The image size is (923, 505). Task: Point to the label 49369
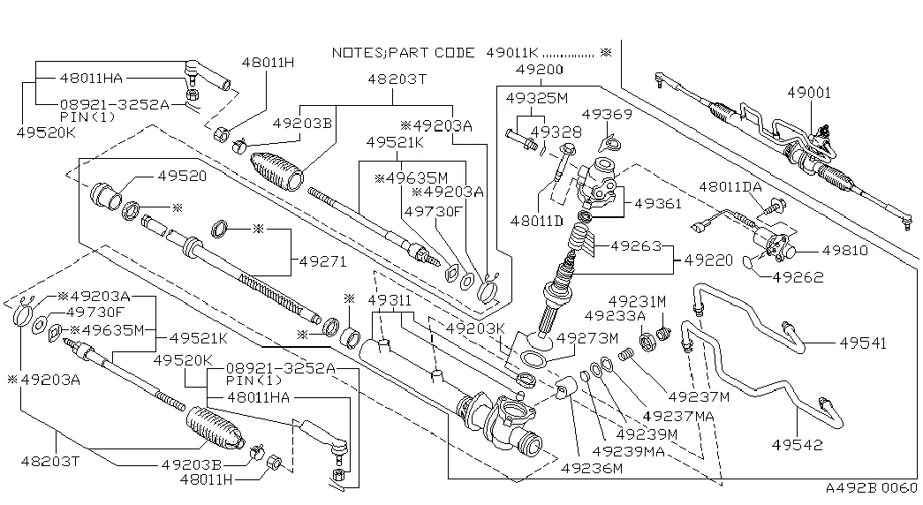click(x=607, y=114)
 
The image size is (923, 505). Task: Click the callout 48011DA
click(x=730, y=187)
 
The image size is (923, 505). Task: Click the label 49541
click(x=864, y=343)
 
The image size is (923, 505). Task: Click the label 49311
click(x=390, y=301)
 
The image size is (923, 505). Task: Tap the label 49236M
click(x=592, y=467)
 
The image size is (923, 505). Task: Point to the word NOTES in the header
click(x=356, y=53)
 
